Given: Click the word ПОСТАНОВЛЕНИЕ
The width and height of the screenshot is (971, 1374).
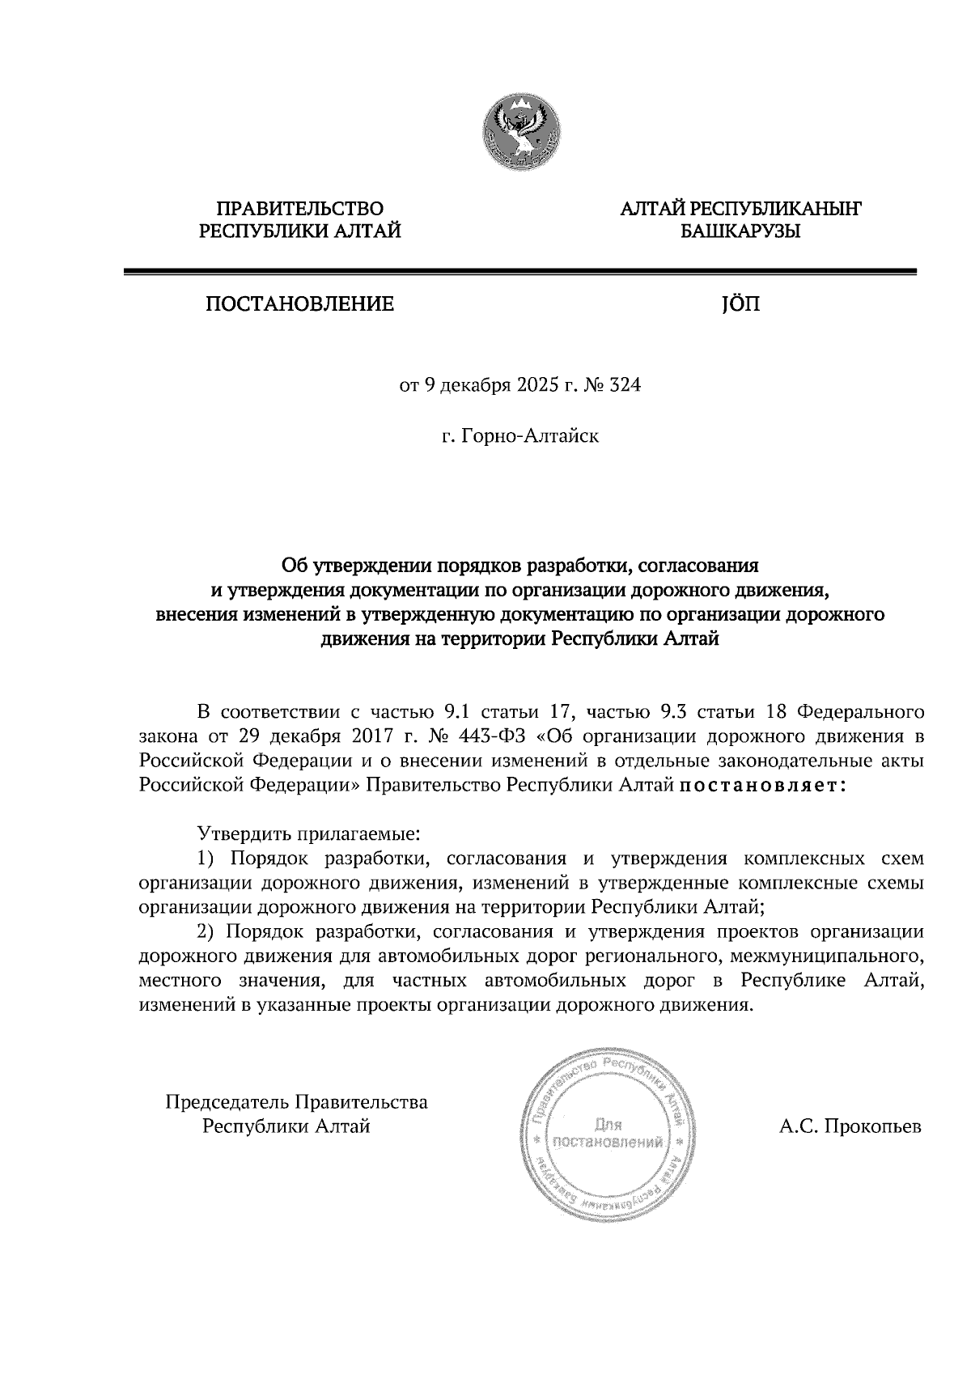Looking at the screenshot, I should point(299,305).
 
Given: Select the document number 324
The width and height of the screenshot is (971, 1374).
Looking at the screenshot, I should point(625,387).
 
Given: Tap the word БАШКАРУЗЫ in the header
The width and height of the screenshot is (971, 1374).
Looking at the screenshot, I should point(740,232).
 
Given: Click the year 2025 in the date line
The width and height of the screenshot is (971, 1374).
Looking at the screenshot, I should point(538,387).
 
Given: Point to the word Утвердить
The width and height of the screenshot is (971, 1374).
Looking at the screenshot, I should point(238,833).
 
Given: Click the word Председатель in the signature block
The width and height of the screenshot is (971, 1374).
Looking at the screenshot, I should point(226,1102).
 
